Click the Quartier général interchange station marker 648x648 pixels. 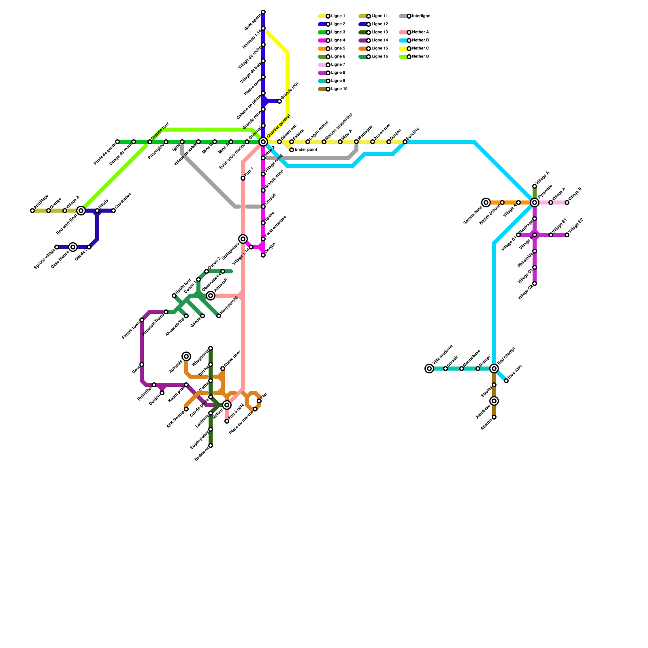(x=263, y=142)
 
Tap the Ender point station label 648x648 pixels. (x=305, y=150)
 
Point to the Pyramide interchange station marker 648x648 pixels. (x=535, y=202)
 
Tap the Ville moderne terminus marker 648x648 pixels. (x=429, y=369)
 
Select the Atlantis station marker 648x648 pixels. (x=494, y=417)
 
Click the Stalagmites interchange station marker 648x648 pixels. (x=243, y=239)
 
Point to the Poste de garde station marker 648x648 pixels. (x=117, y=142)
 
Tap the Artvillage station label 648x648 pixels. (x=41, y=202)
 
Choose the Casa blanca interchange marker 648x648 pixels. (x=73, y=247)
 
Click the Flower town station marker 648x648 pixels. (x=142, y=320)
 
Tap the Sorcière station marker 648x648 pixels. (x=405, y=142)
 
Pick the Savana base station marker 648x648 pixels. (x=486, y=202)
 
